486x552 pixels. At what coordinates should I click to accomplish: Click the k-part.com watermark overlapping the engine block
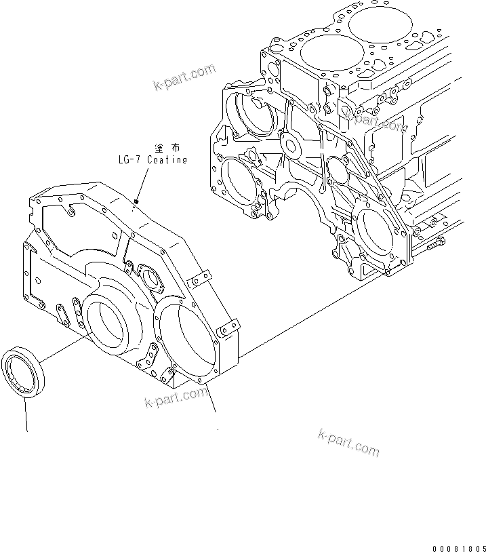point(375,121)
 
